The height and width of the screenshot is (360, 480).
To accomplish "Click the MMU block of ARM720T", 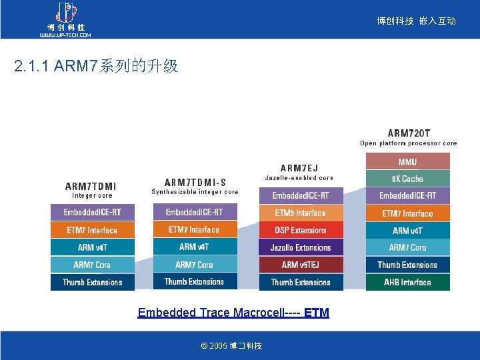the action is click(407, 161).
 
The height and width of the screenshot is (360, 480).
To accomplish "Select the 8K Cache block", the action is click(407, 179).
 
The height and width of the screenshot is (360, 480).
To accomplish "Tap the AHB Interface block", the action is click(407, 282).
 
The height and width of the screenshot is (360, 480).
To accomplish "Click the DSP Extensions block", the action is click(301, 230).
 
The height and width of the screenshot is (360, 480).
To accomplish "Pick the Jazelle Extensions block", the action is click(301, 247).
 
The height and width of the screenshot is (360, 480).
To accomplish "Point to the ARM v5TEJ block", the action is click(301, 265).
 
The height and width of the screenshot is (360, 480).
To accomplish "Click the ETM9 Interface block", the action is click(301, 213).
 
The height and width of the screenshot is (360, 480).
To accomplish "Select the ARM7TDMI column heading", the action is click(91, 186).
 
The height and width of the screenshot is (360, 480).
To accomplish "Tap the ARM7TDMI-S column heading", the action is click(195, 182).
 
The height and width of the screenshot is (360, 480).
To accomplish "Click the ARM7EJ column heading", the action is click(299, 168).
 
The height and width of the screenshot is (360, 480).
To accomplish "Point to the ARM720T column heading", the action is click(409, 133).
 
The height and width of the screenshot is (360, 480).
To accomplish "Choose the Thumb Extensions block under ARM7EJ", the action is click(301, 282).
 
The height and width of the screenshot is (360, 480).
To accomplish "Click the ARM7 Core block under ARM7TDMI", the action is click(92, 265).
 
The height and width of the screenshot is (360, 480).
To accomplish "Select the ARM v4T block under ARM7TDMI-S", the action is click(195, 247).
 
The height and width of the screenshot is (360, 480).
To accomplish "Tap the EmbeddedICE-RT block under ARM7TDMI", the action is click(92, 212).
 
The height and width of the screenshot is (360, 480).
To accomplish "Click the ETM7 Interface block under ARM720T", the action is click(407, 213).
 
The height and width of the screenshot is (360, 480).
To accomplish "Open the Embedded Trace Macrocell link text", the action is click(233, 312).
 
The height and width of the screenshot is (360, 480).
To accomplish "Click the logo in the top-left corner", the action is click(65, 19).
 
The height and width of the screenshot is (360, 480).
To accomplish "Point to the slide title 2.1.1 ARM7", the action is click(96, 66).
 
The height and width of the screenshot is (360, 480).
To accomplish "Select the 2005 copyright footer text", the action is click(231, 345).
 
